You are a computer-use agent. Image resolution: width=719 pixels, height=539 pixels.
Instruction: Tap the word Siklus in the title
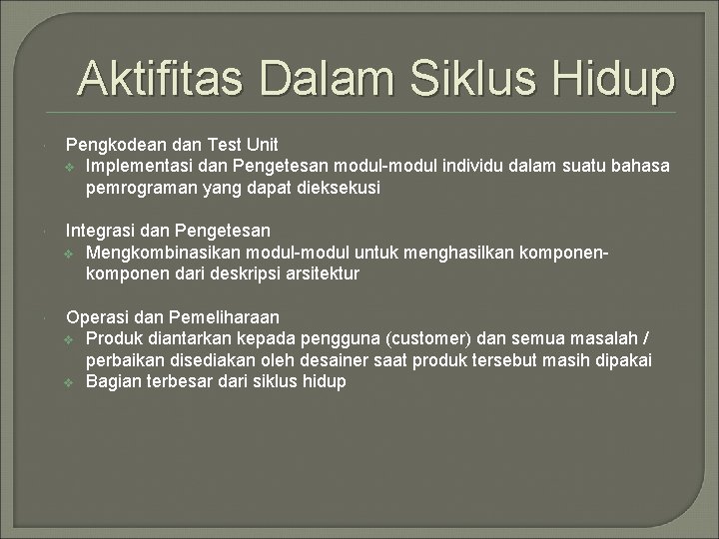469,79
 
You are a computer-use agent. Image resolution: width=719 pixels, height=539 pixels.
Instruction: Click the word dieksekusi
339,187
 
